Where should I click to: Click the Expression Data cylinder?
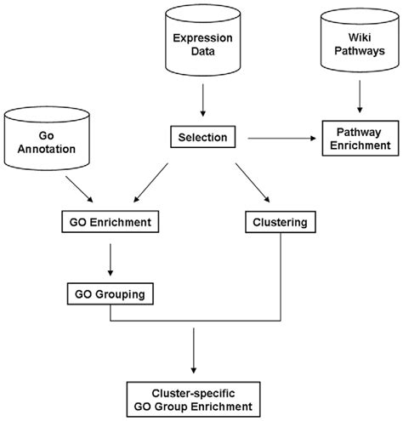203,40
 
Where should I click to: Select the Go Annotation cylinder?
47,139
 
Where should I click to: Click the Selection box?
203,137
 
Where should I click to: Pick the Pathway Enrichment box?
360,139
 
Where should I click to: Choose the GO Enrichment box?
111,222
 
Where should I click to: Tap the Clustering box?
281,222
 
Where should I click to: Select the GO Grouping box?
111,293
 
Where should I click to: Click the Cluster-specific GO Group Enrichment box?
194,400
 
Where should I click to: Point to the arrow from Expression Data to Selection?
203,100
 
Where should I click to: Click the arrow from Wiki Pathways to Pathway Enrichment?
360,96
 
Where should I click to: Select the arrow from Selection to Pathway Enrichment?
281,139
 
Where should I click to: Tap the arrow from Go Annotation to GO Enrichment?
79,189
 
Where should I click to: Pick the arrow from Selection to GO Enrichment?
150,183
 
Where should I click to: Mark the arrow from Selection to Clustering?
253,183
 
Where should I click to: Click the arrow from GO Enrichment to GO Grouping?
111,259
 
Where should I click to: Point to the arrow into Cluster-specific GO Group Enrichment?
194,350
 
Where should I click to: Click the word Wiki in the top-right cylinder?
360,37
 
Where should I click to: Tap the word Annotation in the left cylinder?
47,149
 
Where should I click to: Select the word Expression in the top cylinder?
203,38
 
